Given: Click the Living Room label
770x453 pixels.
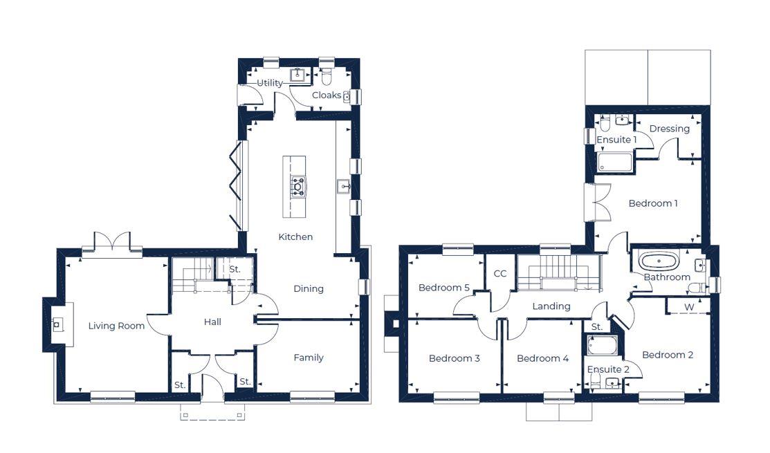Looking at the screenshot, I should click(x=116, y=326).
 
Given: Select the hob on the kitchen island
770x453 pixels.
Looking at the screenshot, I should click(x=298, y=186).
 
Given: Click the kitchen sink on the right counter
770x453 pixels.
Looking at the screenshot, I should click(x=343, y=185).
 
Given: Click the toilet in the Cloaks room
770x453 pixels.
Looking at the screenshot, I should click(x=327, y=74).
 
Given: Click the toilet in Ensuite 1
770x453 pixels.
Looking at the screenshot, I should click(x=605, y=124).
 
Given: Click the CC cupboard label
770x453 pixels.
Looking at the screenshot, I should click(x=500, y=274).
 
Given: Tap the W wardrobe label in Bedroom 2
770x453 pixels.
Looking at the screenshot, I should click(x=689, y=307).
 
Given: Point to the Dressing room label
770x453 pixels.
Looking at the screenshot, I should click(x=670, y=129).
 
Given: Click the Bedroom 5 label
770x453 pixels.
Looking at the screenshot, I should click(x=443, y=288).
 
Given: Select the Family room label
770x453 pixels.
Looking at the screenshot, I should click(x=309, y=358).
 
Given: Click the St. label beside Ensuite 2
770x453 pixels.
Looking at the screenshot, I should click(x=596, y=326).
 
